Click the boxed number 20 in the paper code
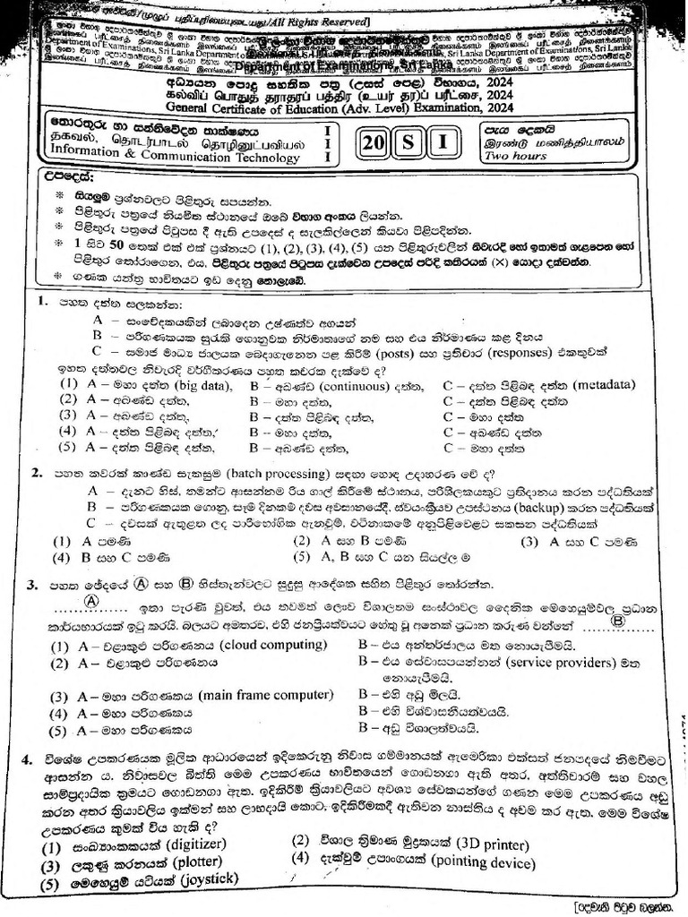pyautogui.click(x=376, y=143)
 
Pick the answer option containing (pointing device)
pyautogui.click(x=412, y=861)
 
